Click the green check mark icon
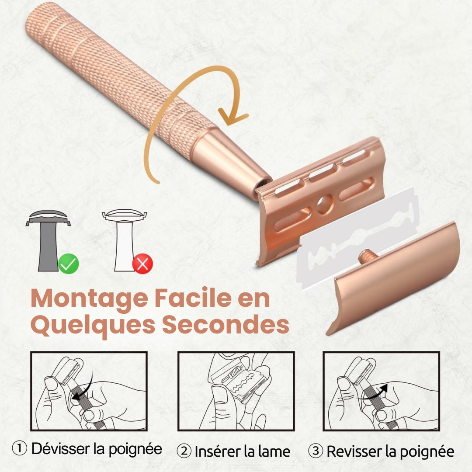(69, 264)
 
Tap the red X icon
(142, 264)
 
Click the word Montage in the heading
(90, 299)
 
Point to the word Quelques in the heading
(93, 326)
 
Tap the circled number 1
(20, 448)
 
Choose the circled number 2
(184, 451)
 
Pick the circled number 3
(316, 451)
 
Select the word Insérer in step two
(218, 451)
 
